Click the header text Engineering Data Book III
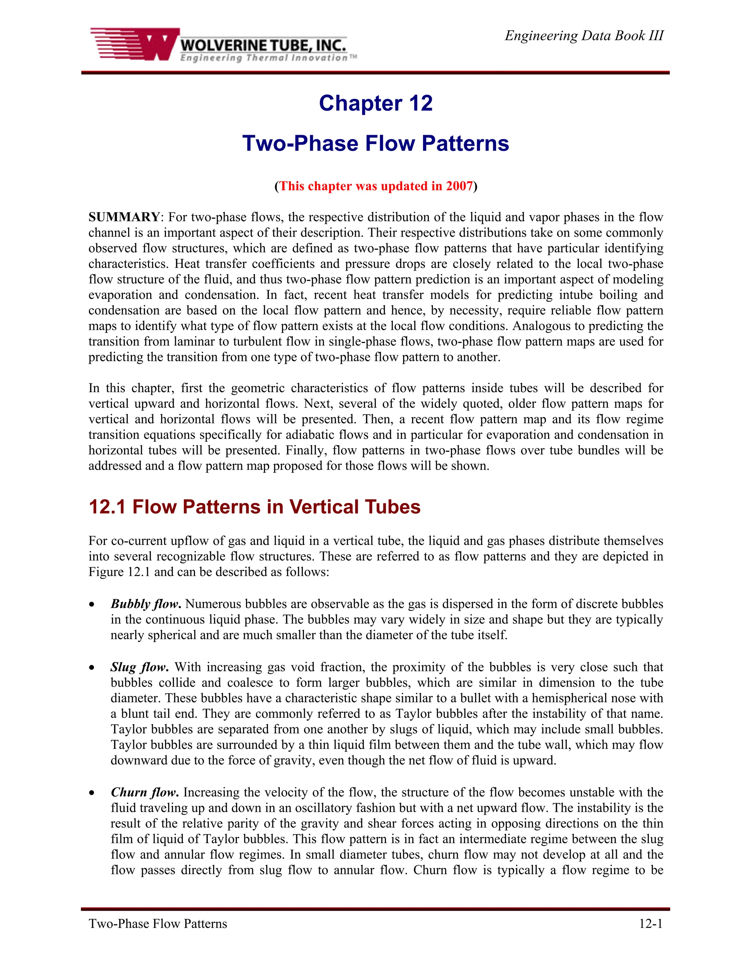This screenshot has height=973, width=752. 583,36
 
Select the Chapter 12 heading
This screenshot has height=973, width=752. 376,104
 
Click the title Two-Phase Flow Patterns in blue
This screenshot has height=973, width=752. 376,144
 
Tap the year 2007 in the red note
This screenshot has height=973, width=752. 459,186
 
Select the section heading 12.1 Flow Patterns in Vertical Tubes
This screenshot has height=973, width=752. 254,507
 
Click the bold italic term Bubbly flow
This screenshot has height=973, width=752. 146,604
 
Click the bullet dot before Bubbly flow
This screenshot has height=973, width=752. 92,605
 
